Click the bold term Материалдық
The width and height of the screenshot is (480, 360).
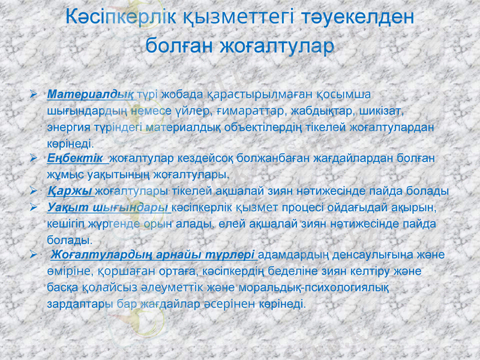coord(91,95)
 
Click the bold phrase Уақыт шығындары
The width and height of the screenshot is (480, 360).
coord(107,208)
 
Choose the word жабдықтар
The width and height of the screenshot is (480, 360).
coord(320,112)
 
